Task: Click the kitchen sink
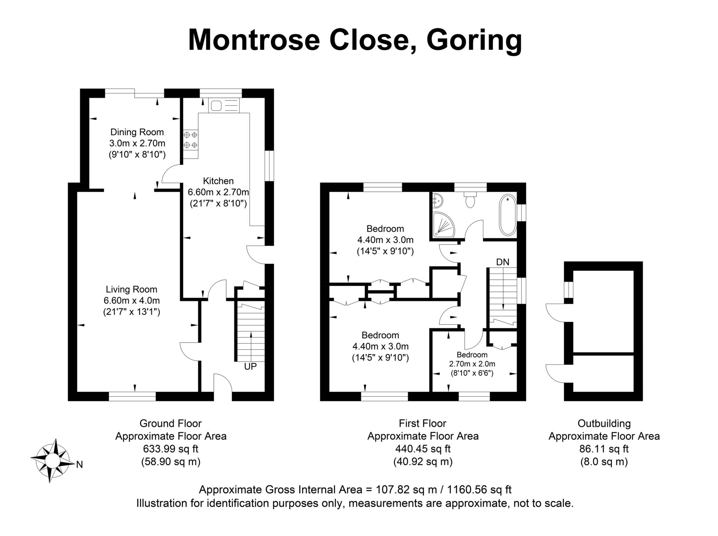(x=223, y=105)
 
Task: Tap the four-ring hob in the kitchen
(x=190, y=139)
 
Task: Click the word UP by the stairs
(x=250, y=366)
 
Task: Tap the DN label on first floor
(x=502, y=262)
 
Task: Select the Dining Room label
(x=137, y=132)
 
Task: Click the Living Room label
(x=131, y=289)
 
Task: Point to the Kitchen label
(x=218, y=181)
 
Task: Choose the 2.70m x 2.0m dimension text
(x=472, y=364)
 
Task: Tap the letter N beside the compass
(x=80, y=465)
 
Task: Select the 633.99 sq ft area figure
(x=171, y=449)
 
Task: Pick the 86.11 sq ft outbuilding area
(x=604, y=449)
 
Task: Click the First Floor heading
(x=422, y=423)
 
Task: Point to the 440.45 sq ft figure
(x=423, y=449)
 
